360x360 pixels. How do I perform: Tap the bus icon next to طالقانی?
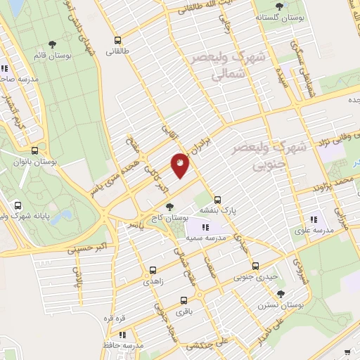[117, 41]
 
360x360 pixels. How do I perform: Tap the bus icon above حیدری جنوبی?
[255, 266]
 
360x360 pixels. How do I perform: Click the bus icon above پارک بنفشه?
[218, 200]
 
